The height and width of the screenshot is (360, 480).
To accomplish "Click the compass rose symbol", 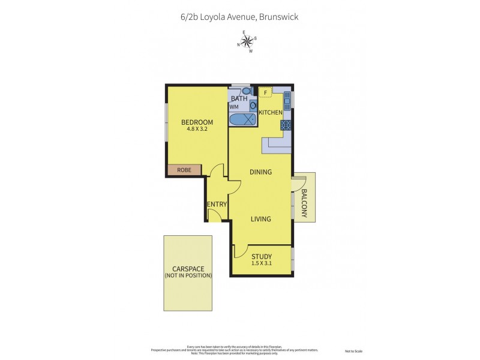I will (x=247, y=41).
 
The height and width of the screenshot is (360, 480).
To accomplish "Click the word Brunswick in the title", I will (x=278, y=17).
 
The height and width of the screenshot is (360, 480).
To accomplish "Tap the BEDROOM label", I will (x=197, y=123).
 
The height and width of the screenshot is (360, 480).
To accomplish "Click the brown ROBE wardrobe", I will (x=184, y=170).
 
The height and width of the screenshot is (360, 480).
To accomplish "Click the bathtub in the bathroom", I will (x=243, y=118).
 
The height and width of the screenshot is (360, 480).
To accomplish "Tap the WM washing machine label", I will (x=233, y=107).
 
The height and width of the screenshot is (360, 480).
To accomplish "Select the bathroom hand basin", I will (x=253, y=105).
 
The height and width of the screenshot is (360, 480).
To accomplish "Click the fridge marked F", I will (x=265, y=92).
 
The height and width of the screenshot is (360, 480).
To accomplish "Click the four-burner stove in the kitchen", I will (x=286, y=125).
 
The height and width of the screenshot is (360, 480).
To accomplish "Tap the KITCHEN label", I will (x=270, y=112).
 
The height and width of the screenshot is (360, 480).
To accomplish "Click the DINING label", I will (x=260, y=172).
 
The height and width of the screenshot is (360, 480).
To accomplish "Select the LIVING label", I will (x=260, y=219).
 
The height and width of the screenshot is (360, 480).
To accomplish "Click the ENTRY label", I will (x=217, y=205).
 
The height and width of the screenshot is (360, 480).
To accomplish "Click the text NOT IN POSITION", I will (x=188, y=275).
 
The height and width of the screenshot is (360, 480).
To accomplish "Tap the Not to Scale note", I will (x=353, y=351).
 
